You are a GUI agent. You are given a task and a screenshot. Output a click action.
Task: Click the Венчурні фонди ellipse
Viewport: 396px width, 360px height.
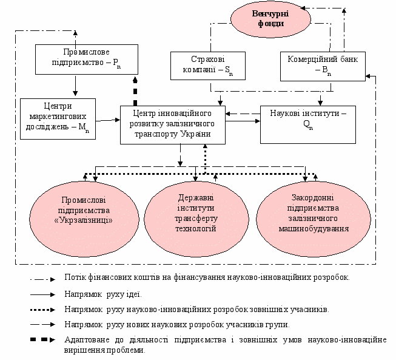270,19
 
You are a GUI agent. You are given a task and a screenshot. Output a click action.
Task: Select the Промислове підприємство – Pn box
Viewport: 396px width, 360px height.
87,59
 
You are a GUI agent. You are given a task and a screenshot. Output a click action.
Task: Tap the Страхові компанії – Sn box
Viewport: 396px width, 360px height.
208,66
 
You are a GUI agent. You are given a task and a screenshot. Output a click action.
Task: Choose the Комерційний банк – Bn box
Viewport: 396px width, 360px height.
323,67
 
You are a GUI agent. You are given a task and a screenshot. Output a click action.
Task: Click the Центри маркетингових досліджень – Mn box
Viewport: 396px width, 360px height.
58,119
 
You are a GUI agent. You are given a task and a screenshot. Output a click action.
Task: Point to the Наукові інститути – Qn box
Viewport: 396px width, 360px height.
308,124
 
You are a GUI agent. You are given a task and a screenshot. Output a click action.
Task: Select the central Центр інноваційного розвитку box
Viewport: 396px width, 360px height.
173,125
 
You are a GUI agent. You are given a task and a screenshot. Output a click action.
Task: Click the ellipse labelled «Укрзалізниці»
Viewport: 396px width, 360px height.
84,219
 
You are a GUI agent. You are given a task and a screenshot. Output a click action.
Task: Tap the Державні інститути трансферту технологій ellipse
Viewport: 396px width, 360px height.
196,219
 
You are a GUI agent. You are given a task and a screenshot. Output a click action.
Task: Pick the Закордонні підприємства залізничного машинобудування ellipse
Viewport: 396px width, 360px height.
314,219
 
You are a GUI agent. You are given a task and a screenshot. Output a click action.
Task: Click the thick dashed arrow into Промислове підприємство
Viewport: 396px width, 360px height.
135,91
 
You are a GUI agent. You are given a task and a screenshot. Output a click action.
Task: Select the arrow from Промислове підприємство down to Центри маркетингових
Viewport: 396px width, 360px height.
75,85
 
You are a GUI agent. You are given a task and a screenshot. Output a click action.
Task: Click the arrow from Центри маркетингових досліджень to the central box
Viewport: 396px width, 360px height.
108,120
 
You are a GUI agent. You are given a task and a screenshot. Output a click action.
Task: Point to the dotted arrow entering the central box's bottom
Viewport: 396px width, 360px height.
205,159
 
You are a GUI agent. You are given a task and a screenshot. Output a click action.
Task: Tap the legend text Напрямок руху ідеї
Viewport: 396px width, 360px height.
103,294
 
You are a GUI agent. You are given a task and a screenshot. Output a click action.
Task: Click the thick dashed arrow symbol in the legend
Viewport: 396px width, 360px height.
42,339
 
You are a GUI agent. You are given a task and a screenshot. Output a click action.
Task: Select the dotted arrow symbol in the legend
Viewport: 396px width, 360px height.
42,310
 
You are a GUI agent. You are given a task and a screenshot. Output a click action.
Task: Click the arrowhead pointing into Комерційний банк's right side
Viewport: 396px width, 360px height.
368,76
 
